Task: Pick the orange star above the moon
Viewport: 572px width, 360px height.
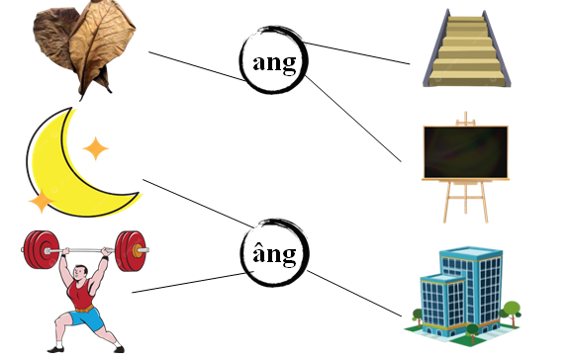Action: [x=96, y=148]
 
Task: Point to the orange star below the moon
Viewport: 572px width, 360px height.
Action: [x=40, y=202]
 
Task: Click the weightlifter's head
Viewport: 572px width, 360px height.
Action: [x=84, y=262]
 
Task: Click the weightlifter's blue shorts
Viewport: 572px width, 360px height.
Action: [x=86, y=319]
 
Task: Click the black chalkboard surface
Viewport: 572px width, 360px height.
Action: [x=465, y=151]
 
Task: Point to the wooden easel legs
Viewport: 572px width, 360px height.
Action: [x=465, y=203]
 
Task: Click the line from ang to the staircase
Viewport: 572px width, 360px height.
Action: [x=356, y=53]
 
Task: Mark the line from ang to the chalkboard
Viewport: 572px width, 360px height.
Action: [x=356, y=124]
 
